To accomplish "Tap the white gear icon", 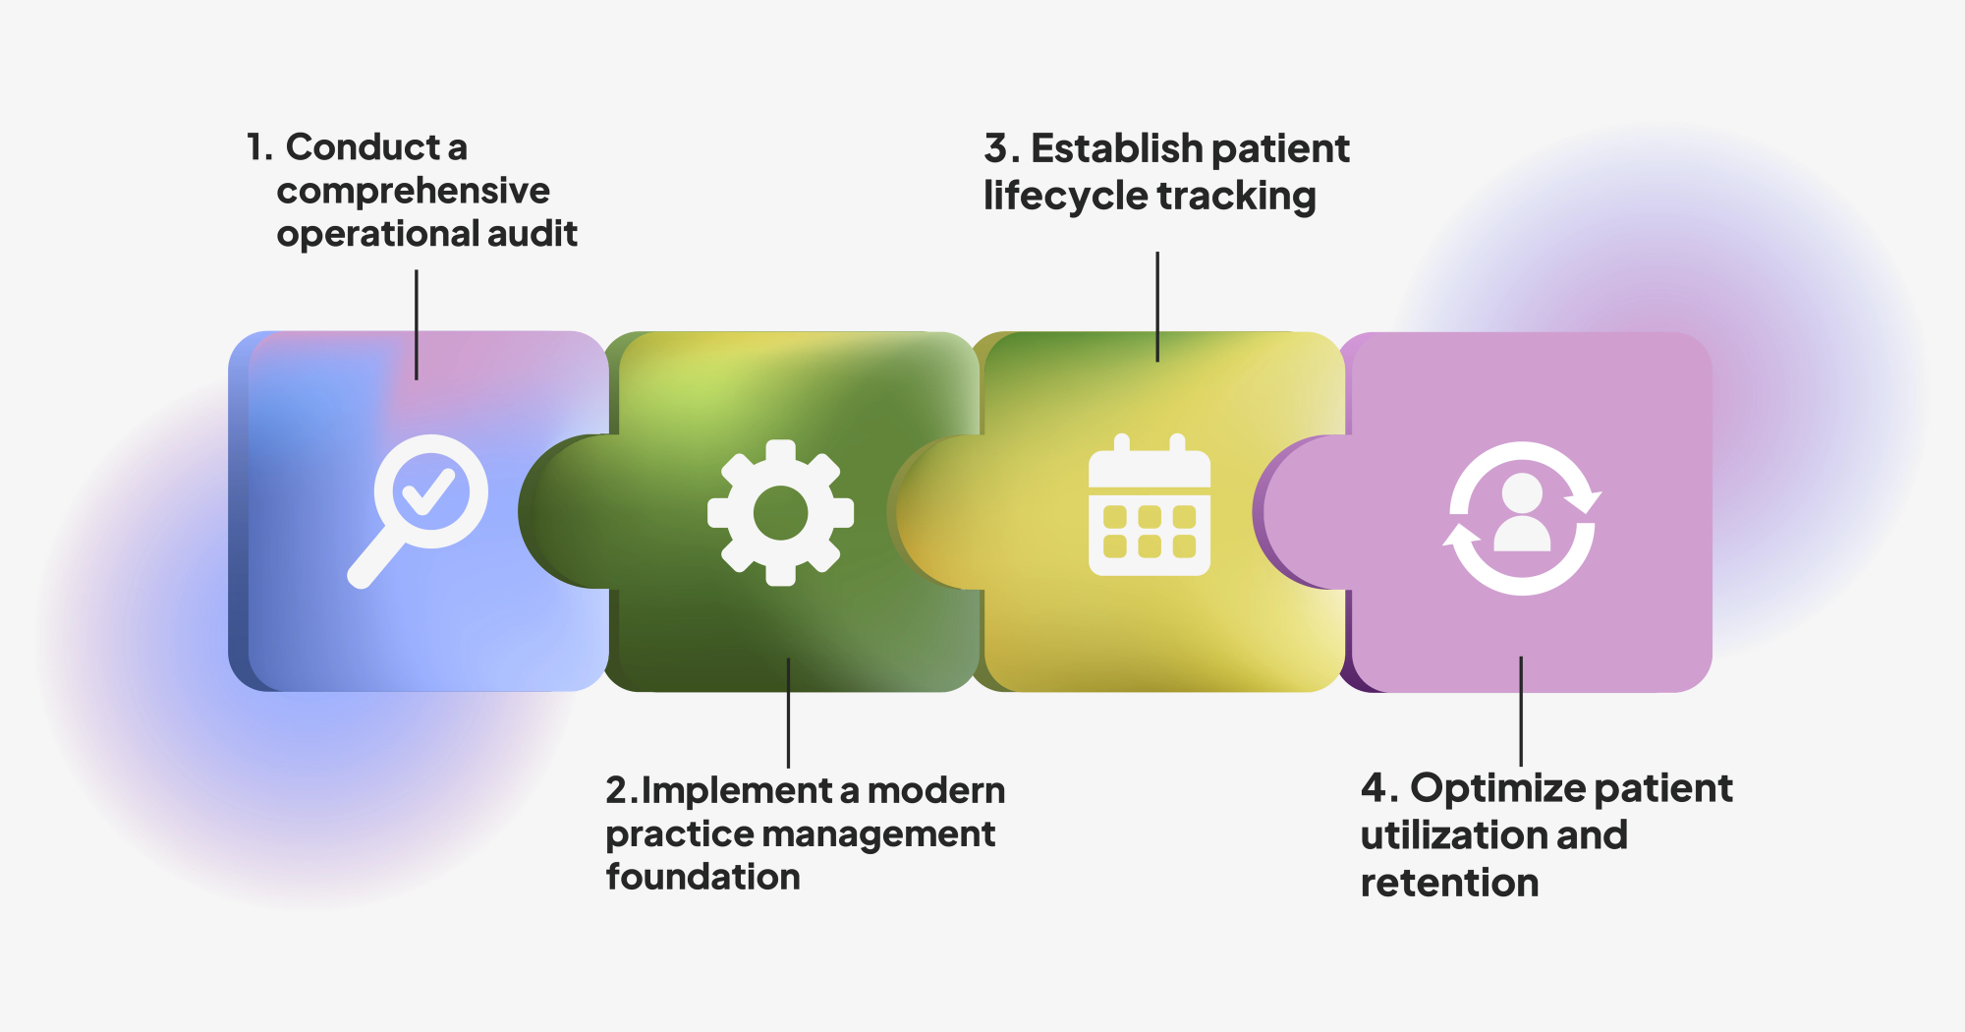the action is pos(781,512).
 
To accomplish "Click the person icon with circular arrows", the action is pos(1522,519).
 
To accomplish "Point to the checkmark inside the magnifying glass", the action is pos(429,491).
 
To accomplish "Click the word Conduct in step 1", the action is pos(363,147).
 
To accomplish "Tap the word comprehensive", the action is pos(413,191).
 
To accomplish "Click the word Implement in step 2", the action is pos(738,791).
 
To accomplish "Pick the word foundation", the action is pos(703,877).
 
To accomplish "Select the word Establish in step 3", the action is pos(1103,148).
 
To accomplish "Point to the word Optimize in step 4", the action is pos(1496,789).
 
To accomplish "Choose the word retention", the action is pos(1449,883).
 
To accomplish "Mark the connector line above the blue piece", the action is pos(417,324).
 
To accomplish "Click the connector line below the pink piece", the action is pos(1521,712).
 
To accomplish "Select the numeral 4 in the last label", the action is pos(1374,788).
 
